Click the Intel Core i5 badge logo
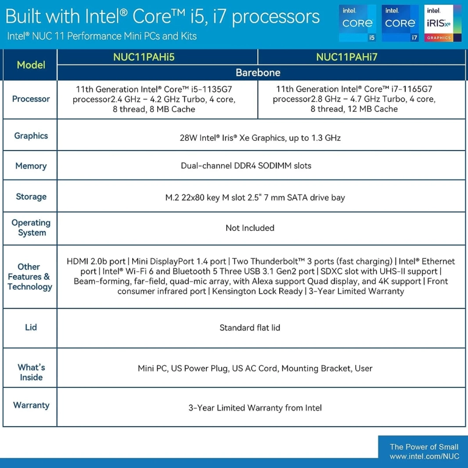[357, 23]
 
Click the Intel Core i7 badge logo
[400, 23]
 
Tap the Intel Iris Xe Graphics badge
[443, 23]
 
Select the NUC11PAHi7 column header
[347, 57]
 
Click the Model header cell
[31, 65]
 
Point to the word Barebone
[258, 72]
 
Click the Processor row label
[31, 99]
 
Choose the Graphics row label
[31, 136]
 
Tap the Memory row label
[31, 166]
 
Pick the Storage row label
[31, 197]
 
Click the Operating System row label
[31, 228]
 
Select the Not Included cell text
[250, 228]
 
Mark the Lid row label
[31, 328]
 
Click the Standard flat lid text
[250, 328]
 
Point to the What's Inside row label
[31, 372]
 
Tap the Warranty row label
[31, 405]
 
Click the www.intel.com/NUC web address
[424, 457]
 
